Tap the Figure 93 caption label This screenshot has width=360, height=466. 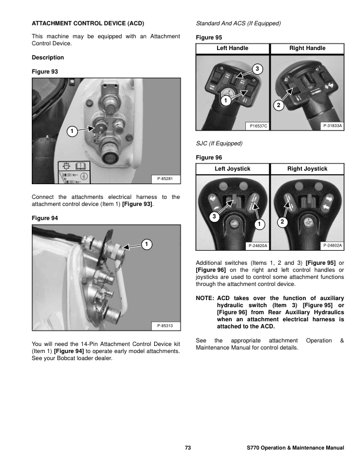44,71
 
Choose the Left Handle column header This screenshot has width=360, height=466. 232,48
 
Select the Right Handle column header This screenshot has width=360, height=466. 307,48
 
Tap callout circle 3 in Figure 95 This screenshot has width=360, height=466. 257,69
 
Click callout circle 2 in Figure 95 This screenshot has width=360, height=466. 279,106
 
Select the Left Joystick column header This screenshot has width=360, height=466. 232,169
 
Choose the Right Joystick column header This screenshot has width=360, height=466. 307,169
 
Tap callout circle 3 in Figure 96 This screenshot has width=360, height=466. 214,218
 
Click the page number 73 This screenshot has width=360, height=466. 188,449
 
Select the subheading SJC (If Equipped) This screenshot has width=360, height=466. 218,143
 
